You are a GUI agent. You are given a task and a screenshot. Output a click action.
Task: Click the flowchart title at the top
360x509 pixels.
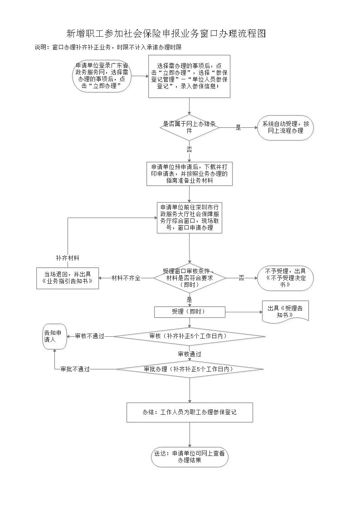pyautogui.click(x=165, y=34)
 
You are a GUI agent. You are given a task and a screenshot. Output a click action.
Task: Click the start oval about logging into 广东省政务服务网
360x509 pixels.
pyautogui.click(x=102, y=76)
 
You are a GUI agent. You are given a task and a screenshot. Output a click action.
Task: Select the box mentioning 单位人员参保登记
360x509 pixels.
pyautogui.click(x=189, y=76)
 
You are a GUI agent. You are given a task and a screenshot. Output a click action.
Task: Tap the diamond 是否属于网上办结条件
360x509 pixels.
pyautogui.click(x=189, y=127)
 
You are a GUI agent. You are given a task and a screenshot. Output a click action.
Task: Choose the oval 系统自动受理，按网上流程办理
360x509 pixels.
pyautogui.click(x=285, y=127)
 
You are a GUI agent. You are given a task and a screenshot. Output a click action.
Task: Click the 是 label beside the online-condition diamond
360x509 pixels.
pyautogui.click(x=238, y=128)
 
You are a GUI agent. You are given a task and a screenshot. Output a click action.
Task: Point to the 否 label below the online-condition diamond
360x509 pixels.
pyautogui.click(x=189, y=149)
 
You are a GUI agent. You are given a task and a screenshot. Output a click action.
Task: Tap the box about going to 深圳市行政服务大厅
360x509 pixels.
pyautogui.click(x=189, y=218)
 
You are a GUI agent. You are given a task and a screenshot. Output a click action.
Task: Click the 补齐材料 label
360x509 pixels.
pyautogui.click(x=68, y=258)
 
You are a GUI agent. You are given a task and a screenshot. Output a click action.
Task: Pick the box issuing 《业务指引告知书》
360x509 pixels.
pyautogui.click(x=68, y=278)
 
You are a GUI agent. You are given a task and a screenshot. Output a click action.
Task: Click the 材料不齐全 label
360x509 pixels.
pyautogui.click(x=126, y=278)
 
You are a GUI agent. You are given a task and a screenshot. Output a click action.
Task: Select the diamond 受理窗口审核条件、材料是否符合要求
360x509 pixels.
pyautogui.click(x=189, y=277)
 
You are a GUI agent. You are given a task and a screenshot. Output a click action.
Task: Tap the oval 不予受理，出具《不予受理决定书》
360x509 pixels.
pyautogui.click(x=285, y=277)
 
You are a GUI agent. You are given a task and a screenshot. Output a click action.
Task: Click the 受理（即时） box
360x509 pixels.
pyautogui.click(x=189, y=312)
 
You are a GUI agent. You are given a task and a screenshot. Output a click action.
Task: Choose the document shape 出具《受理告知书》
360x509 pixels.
pyautogui.click(x=285, y=312)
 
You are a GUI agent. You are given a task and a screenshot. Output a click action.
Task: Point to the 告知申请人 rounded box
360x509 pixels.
pyautogui.click(x=55, y=336)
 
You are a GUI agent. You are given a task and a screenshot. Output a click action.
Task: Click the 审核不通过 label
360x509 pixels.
pyautogui.click(x=90, y=336)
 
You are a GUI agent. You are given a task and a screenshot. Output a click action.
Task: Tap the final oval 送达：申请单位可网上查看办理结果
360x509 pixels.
pyautogui.click(x=189, y=456)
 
